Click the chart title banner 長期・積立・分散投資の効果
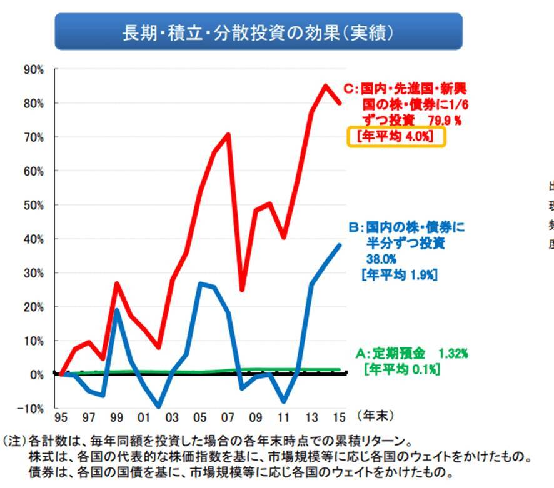258,31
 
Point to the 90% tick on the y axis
33,69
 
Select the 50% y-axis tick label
33,205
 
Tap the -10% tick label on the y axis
31,408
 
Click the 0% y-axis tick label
36,374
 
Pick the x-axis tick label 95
61,417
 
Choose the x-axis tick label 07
228,417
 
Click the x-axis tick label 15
340,417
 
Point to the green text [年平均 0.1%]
401,369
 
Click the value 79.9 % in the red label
442,118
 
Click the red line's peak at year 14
326,86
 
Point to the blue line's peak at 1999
117,310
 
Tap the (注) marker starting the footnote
14,440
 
